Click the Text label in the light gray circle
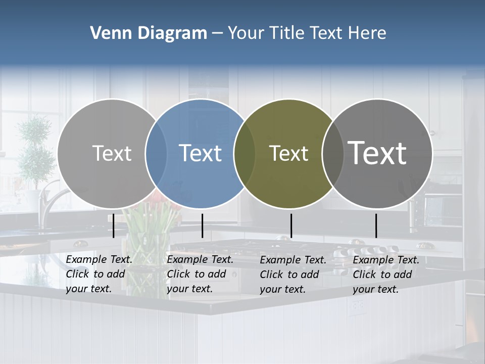point(112,153)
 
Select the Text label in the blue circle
point(201,153)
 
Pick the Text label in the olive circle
point(288,153)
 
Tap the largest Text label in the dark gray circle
point(377,153)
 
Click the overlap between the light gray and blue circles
point(156,153)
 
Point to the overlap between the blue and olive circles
point(245,153)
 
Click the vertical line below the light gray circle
point(114,225)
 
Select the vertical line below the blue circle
point(202,225)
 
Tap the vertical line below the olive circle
point(291,225)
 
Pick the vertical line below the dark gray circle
point(376,225)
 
